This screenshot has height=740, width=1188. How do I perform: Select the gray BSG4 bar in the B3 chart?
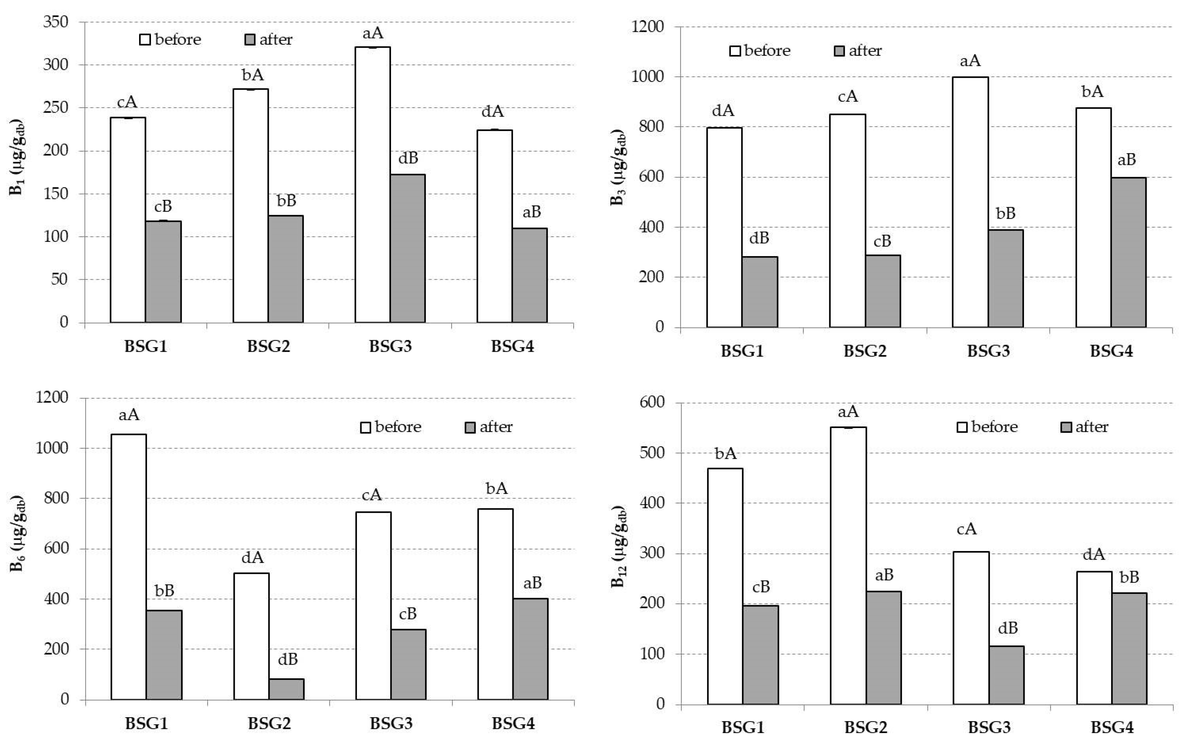coord(1128,252)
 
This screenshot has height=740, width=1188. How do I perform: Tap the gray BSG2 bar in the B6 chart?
coord(286,689)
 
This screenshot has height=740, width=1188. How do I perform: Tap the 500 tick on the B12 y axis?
coord(652,453)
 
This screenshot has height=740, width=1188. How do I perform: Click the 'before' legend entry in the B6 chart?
coord(390,427)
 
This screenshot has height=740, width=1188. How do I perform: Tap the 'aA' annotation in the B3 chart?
coord(970,61)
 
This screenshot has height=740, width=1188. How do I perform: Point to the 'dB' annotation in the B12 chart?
coord(1008,628)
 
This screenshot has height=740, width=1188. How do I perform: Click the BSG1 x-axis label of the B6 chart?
coord(146,723)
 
